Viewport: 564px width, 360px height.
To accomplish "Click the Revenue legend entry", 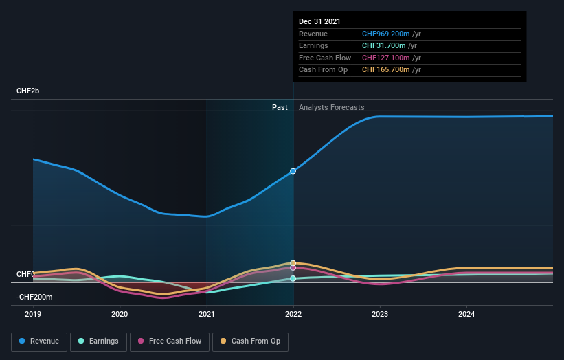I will coord(39,341).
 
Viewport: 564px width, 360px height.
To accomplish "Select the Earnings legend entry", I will coord(99,341).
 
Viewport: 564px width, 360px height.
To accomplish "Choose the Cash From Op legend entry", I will coord(250,341).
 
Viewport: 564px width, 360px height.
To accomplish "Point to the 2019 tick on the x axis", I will coord(33,315).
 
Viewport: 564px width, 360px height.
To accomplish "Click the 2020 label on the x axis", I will coord(120,315).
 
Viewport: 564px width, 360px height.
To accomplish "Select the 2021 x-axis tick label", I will coord(206,315).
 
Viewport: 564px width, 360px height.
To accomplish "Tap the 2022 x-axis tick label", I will coord(293,315).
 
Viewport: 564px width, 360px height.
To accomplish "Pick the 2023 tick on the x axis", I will coord(380,315).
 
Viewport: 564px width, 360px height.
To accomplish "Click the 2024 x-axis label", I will coord(466,315).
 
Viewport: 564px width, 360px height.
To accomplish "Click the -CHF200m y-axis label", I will coord(35,297).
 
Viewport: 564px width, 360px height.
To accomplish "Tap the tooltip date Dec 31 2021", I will coord(319,22).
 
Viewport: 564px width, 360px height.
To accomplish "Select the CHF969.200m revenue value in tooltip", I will coord(386,34).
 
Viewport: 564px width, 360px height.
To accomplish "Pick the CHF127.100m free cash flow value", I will coord(386,58).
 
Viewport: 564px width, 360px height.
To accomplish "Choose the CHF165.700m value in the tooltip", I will coord(386,69).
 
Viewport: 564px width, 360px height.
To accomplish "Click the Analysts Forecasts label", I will coord(331,107).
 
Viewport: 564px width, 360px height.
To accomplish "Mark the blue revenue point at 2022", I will coord(293,171).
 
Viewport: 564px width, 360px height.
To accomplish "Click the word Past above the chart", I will coord(280,107).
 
